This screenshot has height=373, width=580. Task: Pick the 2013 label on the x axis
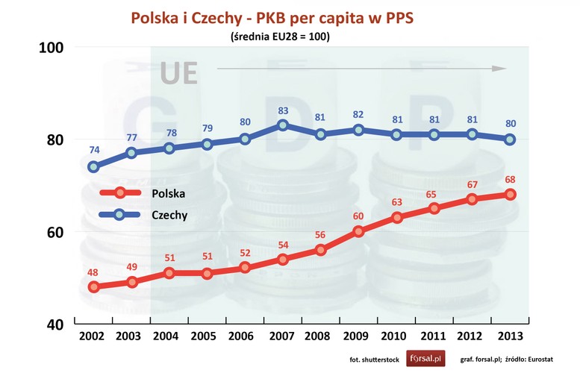(x=510, y=337)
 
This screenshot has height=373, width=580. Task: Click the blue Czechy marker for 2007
(x=283, y=125)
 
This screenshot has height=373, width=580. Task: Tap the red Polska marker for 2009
(x=358, y=231)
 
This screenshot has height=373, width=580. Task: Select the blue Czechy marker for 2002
(x=93, y=166)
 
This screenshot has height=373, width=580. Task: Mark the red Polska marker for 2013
(x=510, y=195)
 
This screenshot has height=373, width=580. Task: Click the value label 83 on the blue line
(x=283, y=111)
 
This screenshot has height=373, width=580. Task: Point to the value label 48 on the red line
(x=93, y=272)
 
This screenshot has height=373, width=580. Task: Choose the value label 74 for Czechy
(x=93, y=150)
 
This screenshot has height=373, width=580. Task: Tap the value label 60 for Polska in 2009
(x=358, y=216)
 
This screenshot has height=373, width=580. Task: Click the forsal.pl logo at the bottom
(x=425, y=358)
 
